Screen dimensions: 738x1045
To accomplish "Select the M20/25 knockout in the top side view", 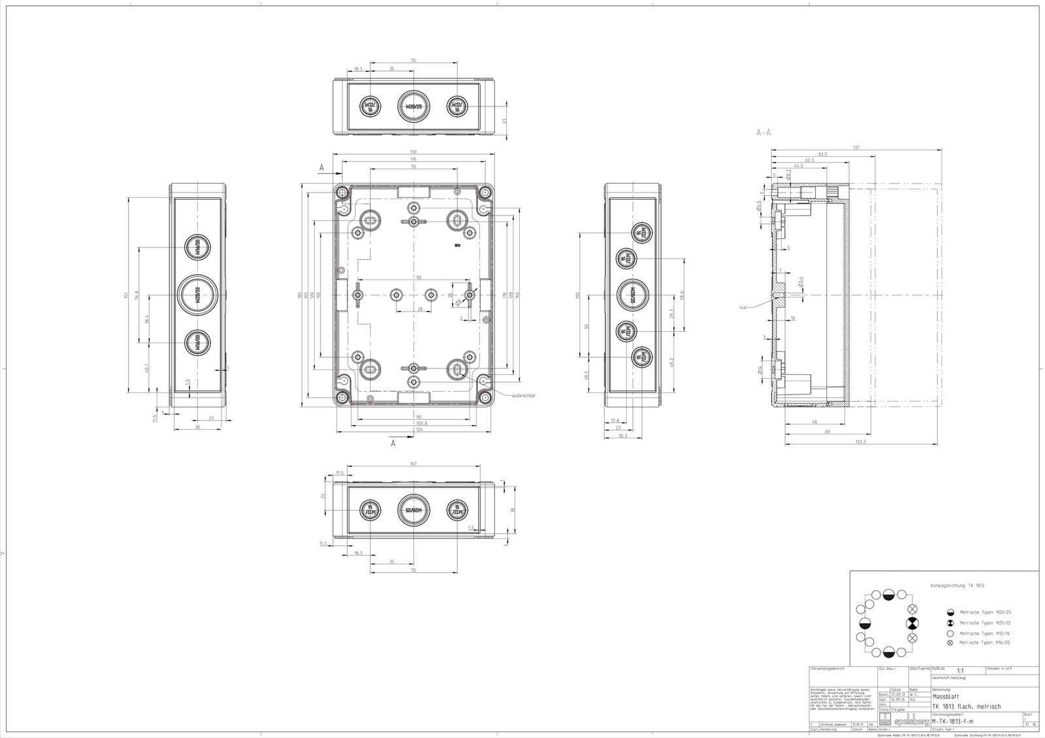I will (x=413, y=106).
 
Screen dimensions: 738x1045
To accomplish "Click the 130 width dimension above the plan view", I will (x=413, y=152).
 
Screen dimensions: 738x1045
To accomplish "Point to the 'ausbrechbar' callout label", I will (x=524, y=396).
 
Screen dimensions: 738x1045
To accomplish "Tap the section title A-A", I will (x=764, y=132).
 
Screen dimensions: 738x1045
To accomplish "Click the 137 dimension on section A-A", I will (x=856, y=148).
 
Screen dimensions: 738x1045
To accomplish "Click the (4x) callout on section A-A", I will (x=744, y=307).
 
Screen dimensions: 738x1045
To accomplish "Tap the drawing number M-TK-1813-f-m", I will (x=952, y=721).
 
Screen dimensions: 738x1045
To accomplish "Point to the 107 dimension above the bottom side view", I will (x=413, y=464).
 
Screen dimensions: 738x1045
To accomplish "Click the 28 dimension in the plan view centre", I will (x=420, y=309).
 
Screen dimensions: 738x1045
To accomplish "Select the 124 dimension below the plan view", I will (x=413, y=430).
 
